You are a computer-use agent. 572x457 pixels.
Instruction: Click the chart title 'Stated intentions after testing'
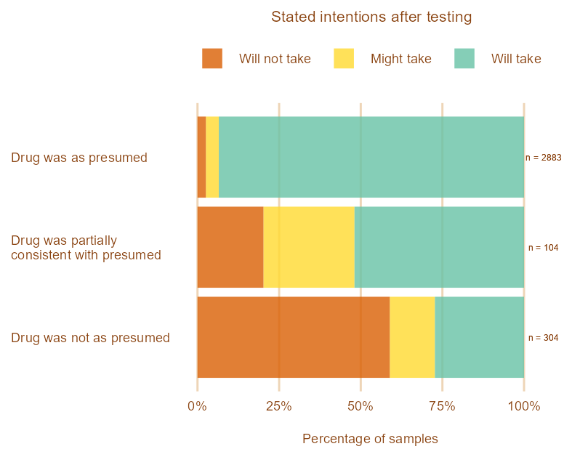pyautogui.click(x=371, y=17)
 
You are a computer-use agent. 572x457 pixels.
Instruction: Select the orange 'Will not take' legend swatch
pyautogui.click(x=212, y=59)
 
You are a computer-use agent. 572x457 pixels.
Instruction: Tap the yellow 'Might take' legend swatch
pyautogui.click(x=344, y=59)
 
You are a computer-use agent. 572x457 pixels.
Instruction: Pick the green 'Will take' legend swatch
pyautogui.click(x=464, y=59)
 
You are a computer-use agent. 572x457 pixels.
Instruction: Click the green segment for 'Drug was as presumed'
pyautogui.click(x=371, y=157)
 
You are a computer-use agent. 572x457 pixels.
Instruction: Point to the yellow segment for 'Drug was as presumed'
pyautogui.click(x=212, y=157)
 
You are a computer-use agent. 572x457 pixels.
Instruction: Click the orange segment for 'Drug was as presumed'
pyautogui.click(x=201, y=157)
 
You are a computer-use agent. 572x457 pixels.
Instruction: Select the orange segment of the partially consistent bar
pyautogui.click(x=230, y=247)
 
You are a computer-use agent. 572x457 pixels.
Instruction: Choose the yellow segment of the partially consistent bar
pyautogui.click(x=309, y=247)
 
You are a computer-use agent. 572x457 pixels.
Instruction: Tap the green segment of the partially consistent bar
pyautogui.click(x=439, y=247)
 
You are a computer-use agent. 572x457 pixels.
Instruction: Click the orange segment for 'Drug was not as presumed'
pyautogui.click(x=293, y=337)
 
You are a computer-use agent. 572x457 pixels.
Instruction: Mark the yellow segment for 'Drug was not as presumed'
pyautogui.click(x=412, y=337)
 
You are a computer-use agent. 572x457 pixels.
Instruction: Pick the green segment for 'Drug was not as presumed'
pyautogui.click(x=479, y=337)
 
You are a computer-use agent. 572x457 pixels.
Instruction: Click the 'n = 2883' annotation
pyautogui.click(x=543, y=158)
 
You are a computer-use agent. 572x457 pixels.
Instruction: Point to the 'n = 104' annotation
pyautogui.click(x=543, y=248)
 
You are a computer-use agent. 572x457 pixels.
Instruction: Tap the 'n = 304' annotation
pyautogui.click(x=543, y=338)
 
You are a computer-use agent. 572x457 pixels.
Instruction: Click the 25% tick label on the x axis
pyautogui.click(x=279, y=406)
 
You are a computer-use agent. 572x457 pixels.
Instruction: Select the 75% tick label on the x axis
pyautogui.click(x=442, y=406)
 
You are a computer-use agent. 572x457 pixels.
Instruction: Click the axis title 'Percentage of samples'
pyautogui.click(x=370, y=439)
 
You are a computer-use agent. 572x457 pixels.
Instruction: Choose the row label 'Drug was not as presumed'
pyautogui.click(x=90, y=338)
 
